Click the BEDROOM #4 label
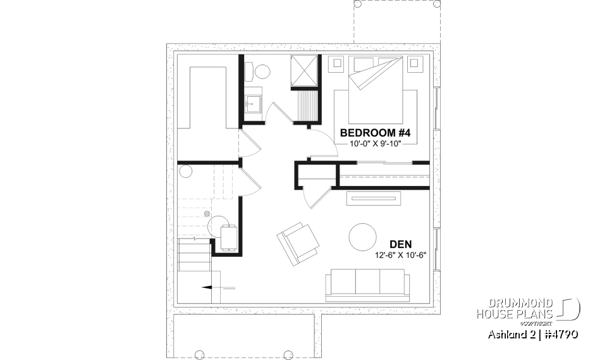point(376,133)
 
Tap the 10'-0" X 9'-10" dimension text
point(376,144)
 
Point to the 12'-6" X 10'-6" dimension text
point(401,256)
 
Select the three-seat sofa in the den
point(365,284)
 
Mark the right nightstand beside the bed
point(416,63)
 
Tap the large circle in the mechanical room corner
point(185,171)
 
